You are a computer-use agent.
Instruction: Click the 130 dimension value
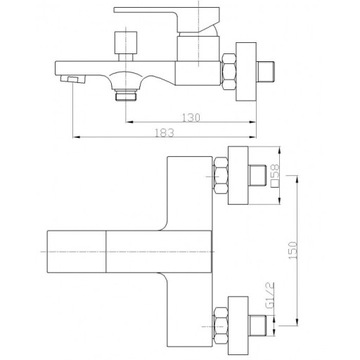(191, 117)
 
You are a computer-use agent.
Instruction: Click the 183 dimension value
(164, 133)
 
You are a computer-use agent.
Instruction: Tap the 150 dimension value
(292, 250)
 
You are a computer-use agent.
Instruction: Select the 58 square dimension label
(276, 176)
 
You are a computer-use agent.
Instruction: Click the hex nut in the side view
(229, 71)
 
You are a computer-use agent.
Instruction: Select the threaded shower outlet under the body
(126, 95)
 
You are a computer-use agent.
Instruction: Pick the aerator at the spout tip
(73, 79)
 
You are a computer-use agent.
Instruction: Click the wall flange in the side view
(246, 71)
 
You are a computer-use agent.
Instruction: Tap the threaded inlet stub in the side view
(266, 71)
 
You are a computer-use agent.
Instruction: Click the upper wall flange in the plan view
(238, 175)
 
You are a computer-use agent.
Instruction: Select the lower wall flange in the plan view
(238, 325)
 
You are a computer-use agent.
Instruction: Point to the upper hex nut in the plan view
(221, 176)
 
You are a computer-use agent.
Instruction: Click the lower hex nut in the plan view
(221, 326)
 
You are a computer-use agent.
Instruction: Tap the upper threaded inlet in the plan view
(258, 175)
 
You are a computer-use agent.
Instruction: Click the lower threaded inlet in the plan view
(258, 326)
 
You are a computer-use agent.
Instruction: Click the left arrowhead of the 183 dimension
(76, 137)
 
